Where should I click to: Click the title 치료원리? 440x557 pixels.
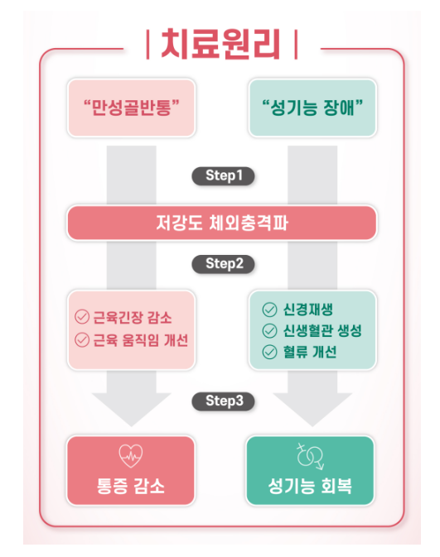point(220,44)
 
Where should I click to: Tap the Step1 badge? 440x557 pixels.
point(224,175)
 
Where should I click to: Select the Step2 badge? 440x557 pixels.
point(224,264)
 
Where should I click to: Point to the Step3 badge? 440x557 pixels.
point(224,401)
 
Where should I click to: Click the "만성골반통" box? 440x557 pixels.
point(132,108)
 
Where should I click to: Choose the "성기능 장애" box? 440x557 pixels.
point(312,108)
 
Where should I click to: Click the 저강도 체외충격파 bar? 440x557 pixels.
point(222,223)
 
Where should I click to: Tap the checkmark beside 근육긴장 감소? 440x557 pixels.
point(82,316)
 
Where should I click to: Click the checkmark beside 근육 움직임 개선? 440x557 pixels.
point(82,340)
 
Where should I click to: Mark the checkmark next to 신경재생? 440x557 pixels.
point(269,310)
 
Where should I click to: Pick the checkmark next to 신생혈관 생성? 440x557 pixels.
point(269,331)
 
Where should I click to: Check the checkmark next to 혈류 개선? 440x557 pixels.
point(269,352)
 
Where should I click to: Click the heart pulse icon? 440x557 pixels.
point(131,456)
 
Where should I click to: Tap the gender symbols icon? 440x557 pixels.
point(311,456)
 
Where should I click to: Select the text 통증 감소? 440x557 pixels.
point(131,486)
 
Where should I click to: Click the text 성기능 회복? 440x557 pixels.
point(310,486)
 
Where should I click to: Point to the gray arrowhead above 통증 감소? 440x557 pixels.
point(131,409)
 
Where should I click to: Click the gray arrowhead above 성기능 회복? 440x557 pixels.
point(312,409)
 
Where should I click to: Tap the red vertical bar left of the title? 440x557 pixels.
point(148,45)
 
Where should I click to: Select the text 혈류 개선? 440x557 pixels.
point(310,352)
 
